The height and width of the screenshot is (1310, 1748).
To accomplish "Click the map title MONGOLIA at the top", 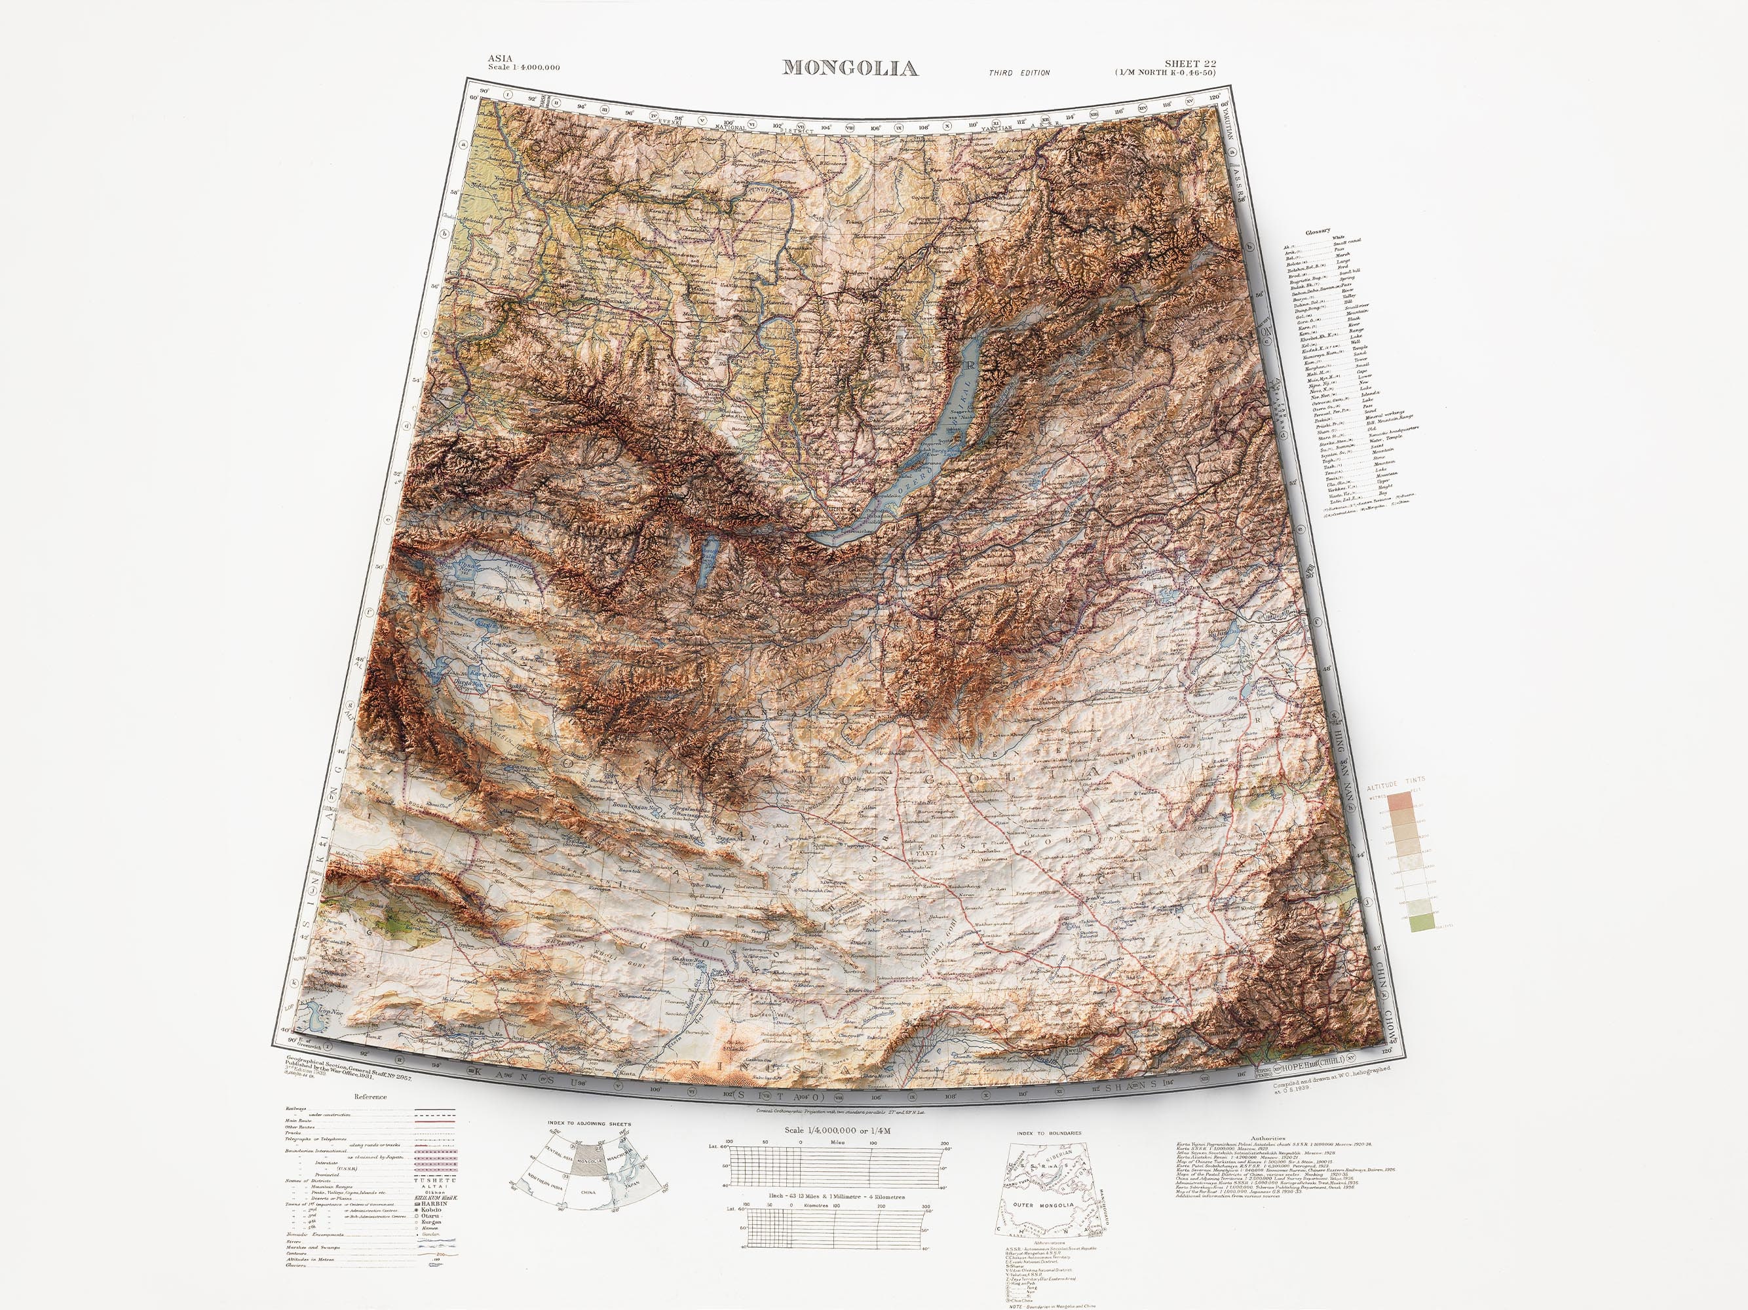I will (850, 69).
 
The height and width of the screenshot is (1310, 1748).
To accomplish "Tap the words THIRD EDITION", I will (1019, 73).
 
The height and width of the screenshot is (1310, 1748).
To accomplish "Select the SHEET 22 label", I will (1189, 64).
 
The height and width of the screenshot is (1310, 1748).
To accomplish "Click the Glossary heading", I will (1318, 231).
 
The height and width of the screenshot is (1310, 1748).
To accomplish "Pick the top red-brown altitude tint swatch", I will (1419, 802).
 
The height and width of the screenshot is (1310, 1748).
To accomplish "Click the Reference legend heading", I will (371, 1096).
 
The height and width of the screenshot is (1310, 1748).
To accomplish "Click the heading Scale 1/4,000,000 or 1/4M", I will (838, 1131).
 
